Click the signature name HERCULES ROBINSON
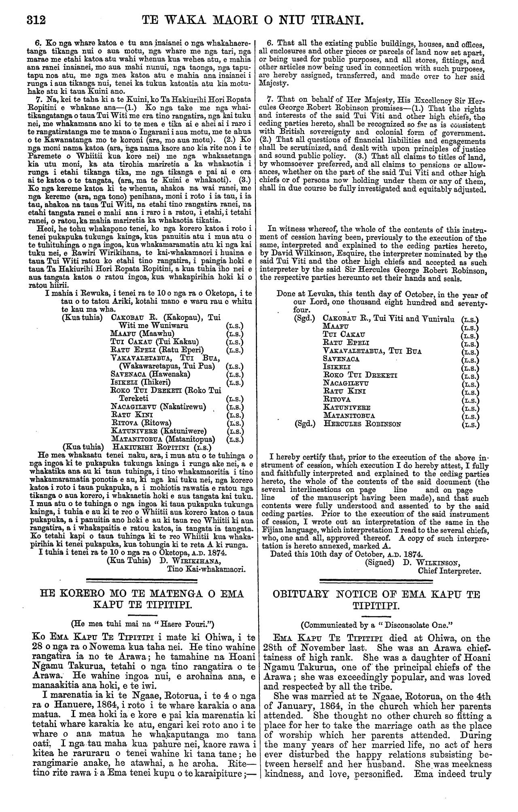coord(363,424)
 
